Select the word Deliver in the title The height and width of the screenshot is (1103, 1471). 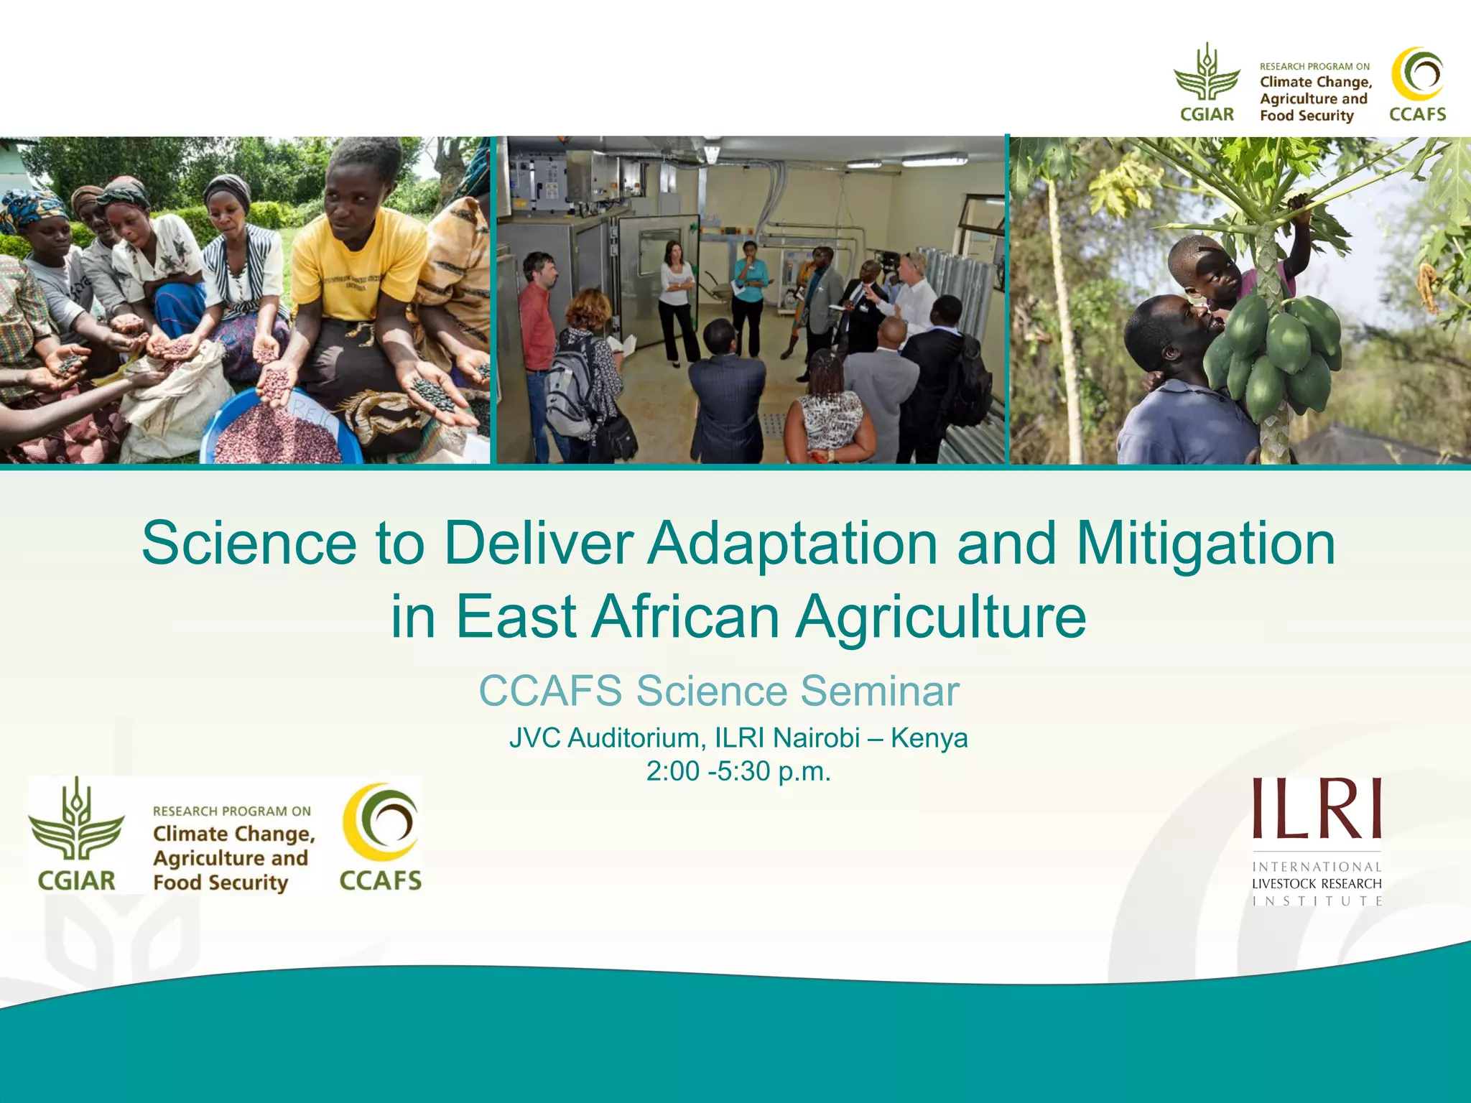coord(539,544)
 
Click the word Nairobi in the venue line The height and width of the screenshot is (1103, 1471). coord(816,737)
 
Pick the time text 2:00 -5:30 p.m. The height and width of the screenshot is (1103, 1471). coord(738,771)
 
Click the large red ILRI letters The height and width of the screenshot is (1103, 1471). coord(1317,809)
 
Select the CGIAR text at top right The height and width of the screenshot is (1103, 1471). coord(1207,114)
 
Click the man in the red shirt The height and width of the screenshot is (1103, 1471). coord(537,323)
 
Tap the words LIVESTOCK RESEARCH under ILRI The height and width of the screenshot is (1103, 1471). coord(1316,884)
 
